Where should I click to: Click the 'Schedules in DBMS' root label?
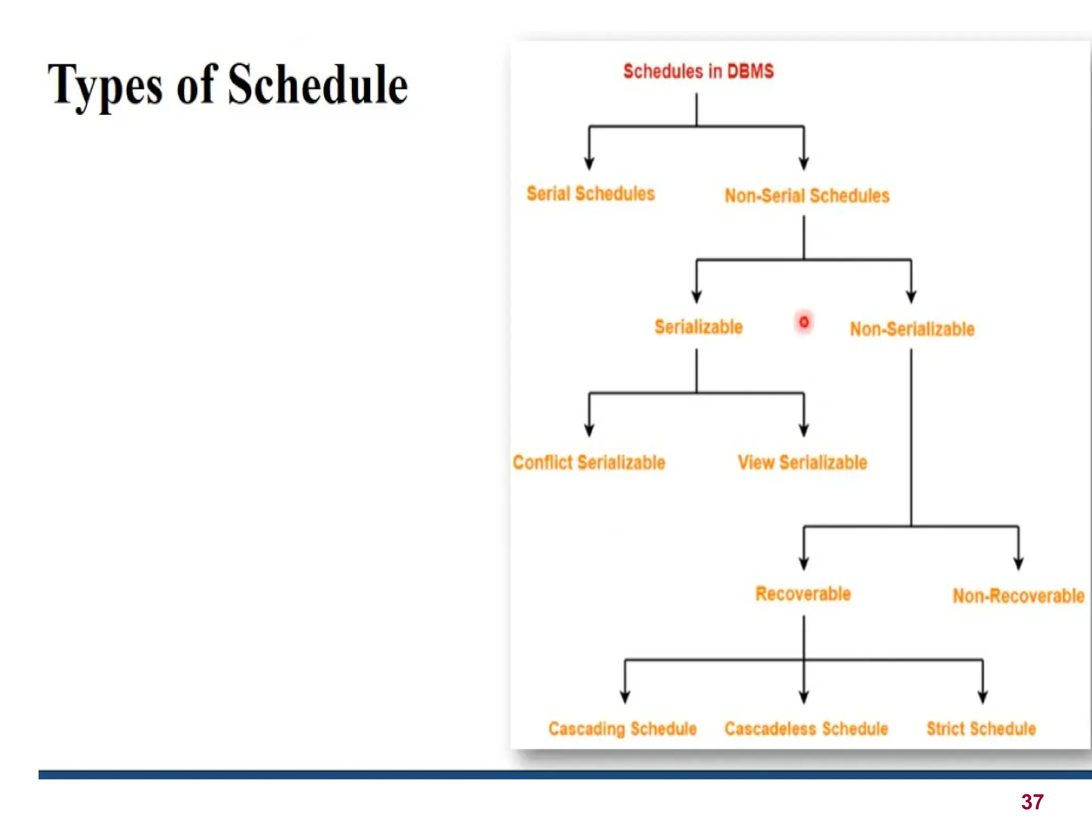(x=698, y=71)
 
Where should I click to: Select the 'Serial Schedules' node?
(x=591, y=194)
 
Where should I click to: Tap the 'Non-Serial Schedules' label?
(x=807, y=196)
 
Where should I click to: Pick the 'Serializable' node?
(x=698, y=327)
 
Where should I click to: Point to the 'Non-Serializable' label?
(x=912, y=329)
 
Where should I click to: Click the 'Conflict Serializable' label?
(x=589, y=462)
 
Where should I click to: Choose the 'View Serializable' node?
(x=802, y=462)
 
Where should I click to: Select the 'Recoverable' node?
(x=803, y=593)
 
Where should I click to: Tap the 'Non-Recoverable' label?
(x=1018, y=596)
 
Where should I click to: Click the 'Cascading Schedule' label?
(x=623, y=728)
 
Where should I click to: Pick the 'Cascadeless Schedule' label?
(x=806, y=728)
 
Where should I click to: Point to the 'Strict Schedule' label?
(x=981, y=728)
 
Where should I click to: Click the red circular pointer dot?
(x=804, y=322)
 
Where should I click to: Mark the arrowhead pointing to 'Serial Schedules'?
(x=589, y=163)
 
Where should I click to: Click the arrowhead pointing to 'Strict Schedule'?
(x=983, y=696)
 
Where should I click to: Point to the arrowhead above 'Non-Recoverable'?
(x=1018, y=563)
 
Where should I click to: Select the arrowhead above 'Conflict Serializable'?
(x=589, y=430)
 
